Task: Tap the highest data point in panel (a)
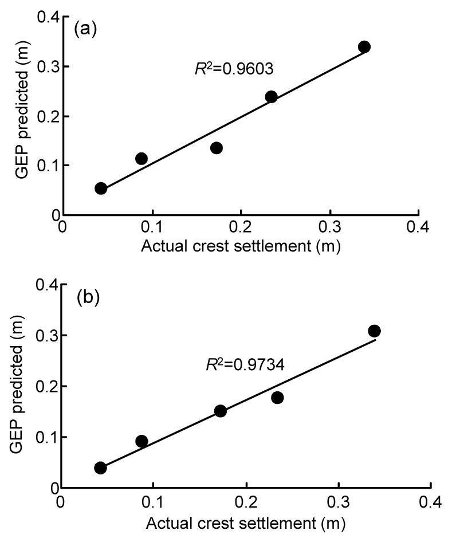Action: (x=364, y=47)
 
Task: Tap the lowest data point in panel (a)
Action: (x=101, y=188)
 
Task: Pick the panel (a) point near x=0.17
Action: (x=216, y=148)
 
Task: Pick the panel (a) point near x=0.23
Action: (x=271, y=97)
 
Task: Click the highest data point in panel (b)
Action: (x=374, y=331)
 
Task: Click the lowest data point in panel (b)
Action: (x=101, y=468)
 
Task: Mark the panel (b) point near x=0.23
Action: (x=277, y=398)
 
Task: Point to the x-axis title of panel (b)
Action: (x=246, y=523)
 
